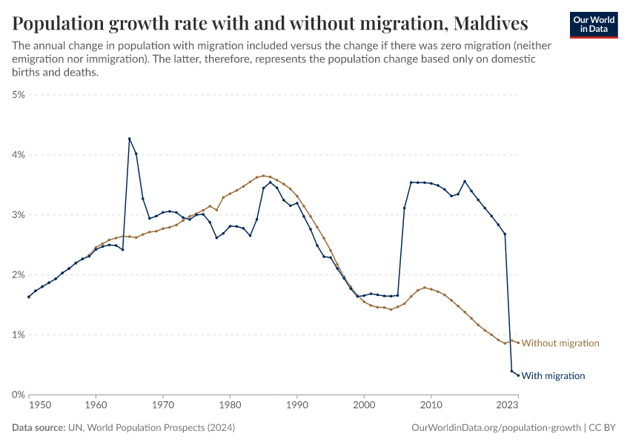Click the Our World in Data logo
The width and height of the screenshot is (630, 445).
(x=593, y=24)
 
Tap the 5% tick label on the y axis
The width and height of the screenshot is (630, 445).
(x=18, y=95)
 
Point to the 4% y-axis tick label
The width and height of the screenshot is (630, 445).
(x=18, y=155)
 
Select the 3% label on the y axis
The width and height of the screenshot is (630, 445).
(x=18, y=215)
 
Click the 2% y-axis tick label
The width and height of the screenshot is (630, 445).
(x=18, y=275)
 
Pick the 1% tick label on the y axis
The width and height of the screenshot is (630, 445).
(x=18, y=335)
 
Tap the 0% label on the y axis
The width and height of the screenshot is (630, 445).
(x=18, y=395)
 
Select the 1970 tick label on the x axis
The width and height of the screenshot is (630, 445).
(x=162, y=406)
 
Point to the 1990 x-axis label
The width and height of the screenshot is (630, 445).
(x=296, y=406)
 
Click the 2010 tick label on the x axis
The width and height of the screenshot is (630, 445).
(x=431, y=406)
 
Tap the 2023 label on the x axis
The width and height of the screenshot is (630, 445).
(x=508, y=406)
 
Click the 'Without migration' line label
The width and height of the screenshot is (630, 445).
(x=560, y=343)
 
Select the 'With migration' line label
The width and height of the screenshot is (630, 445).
(x=553, y=376)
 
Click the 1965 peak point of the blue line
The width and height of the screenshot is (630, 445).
(x=130, y=139)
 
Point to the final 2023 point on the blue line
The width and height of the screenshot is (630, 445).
(x=518, y=375)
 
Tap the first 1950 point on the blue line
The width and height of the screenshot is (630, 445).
(x=29, y=297)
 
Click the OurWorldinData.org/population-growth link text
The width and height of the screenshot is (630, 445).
(x=494, y=428)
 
